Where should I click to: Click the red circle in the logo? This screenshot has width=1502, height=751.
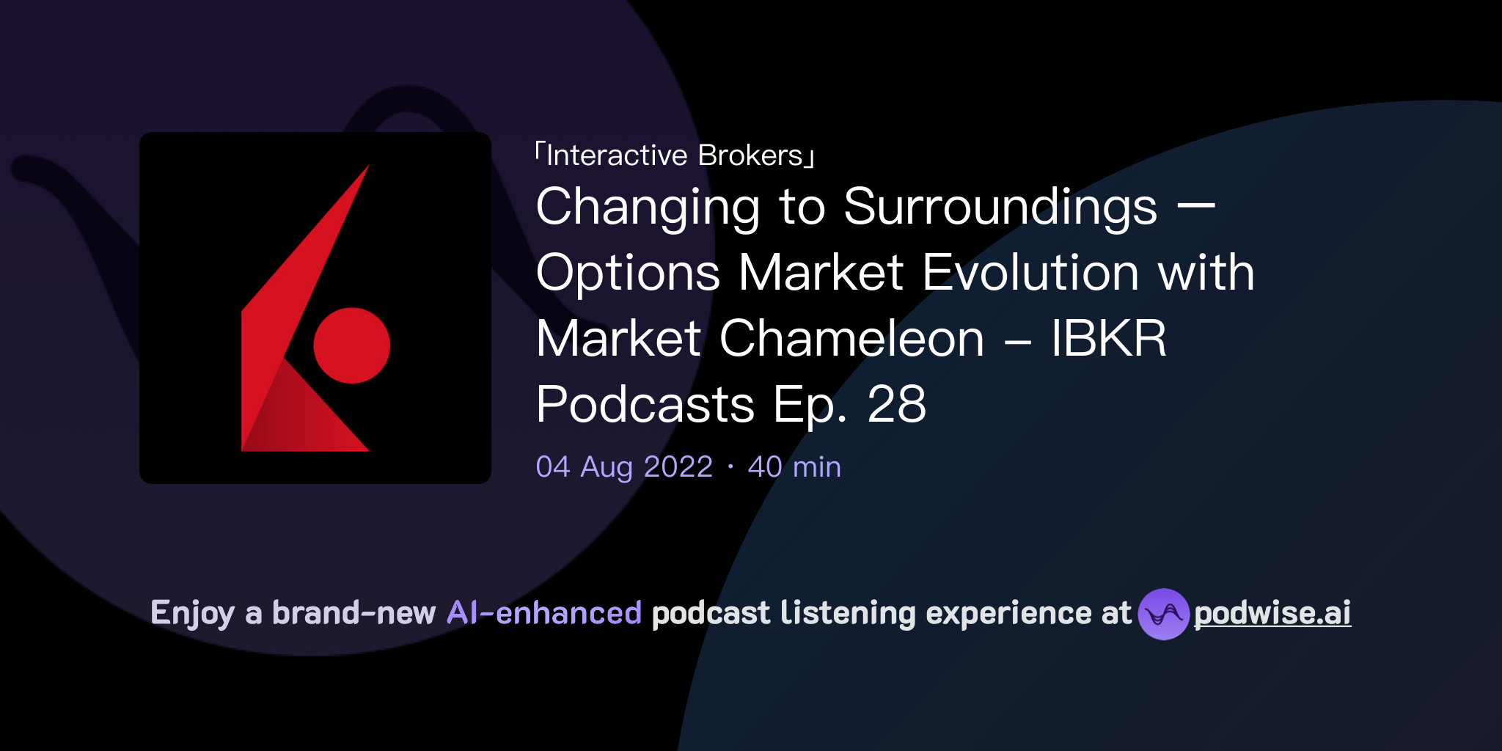[351, 345]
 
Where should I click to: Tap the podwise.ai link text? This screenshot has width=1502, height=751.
[1272, 613]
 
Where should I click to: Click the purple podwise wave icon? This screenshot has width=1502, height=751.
[1163, 614]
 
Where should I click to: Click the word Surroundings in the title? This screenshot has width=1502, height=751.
[1000, 208]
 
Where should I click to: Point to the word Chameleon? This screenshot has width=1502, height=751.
[851, 339]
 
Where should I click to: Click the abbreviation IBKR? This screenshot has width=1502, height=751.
[1108, 339]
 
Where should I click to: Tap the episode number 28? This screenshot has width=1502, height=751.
[896, 404]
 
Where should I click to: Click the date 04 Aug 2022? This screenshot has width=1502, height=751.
[624, 467]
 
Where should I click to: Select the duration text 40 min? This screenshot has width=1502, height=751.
[794, 467]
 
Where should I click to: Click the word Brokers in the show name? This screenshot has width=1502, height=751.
[750, 155]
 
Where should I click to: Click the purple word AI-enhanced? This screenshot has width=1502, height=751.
[544, 613]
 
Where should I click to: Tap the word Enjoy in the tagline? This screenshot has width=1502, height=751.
[192, 614]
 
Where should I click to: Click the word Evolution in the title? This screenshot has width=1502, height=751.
[1030, 273]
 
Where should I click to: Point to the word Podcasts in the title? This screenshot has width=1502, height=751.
[645, 405]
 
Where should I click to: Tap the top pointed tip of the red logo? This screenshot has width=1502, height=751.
[367, 166]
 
